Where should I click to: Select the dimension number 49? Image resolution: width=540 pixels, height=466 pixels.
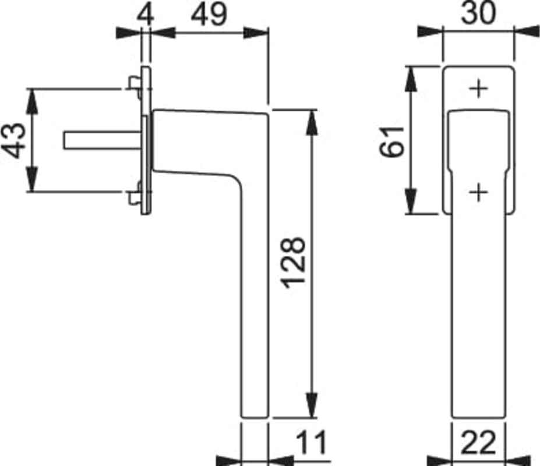pyautogui.click(x=209, y=15)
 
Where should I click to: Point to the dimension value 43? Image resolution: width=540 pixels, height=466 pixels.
pyautogui.click(x=14, y=140)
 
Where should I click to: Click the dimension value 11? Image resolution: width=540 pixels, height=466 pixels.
pyautogui.click(x=311, y=442)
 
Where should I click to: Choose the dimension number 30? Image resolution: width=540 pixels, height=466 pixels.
pyautogui.click(x=478, y=12)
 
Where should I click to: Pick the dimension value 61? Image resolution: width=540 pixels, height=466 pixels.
pyautogui.click(x=392, y=142)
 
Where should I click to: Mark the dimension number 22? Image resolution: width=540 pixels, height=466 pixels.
pyautogui.click(x=478, y=442)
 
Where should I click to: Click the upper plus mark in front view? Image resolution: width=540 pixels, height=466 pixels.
pyautogui.click(x=479, y=89)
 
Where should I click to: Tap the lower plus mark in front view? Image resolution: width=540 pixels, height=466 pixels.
pyautogui.click(x=479, y=192)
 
